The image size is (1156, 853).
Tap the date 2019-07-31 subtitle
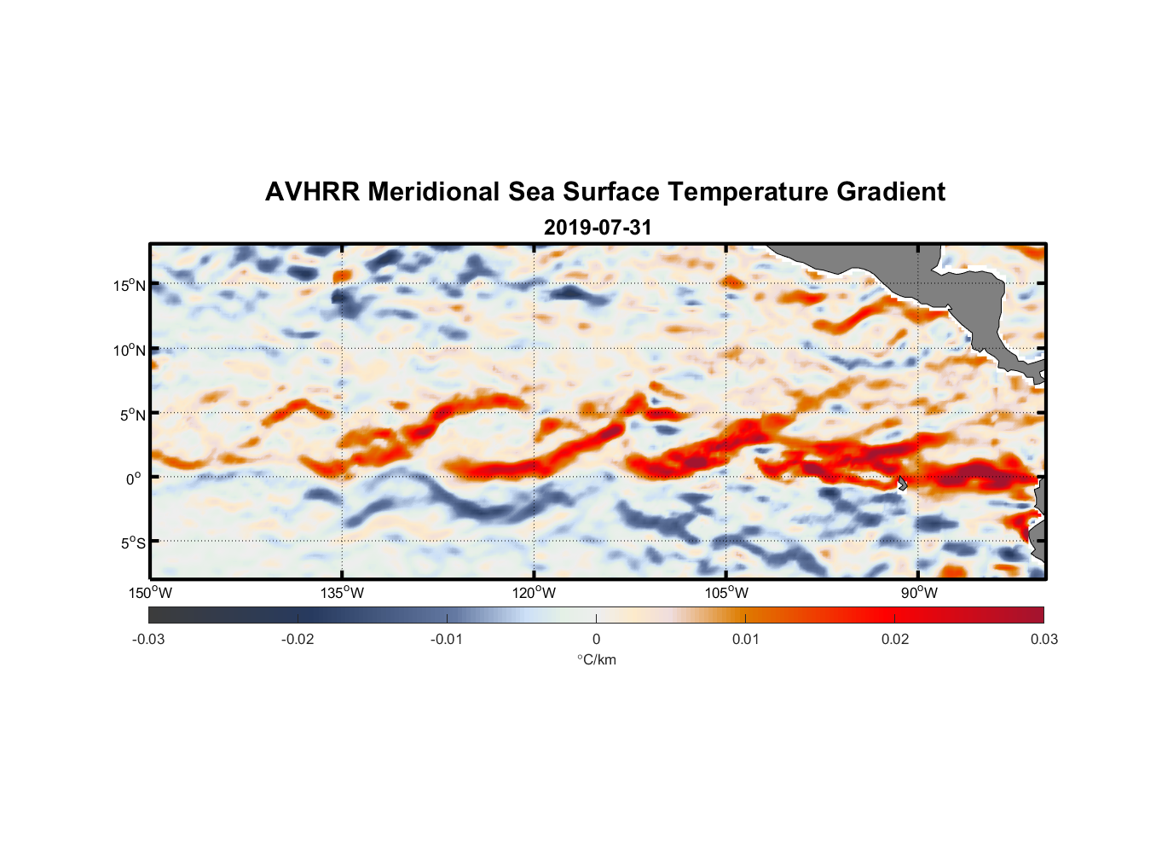click(x=597, y=227)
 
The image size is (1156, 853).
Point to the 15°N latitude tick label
click(x=129, y=285)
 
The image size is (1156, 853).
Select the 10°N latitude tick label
click(x=129, y=350)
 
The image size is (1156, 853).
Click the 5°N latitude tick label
click(x=131, y=415)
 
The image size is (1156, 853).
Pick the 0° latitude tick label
click(x=134, y=479)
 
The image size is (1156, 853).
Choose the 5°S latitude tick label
click(x=131, y=543)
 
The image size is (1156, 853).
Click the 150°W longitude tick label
click(x=150, y=593)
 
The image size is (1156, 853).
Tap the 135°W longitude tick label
click(x=343, y=593)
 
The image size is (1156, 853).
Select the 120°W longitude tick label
click(x=535, y=593)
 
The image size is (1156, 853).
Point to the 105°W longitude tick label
click(x=726, y=593)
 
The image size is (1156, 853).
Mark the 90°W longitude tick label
click(x=919, y=593)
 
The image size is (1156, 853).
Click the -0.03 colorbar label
click(x=148, y=639)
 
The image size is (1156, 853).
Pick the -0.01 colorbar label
click(x=447, y=639)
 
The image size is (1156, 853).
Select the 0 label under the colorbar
click(x=596, y=639)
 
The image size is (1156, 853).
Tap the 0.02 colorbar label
click(x=895, y=639)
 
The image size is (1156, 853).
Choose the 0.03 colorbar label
click(x=1043, y=639)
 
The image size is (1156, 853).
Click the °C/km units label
click(x=596, y=659)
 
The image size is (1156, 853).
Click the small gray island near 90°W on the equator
click(x=902, y=483)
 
